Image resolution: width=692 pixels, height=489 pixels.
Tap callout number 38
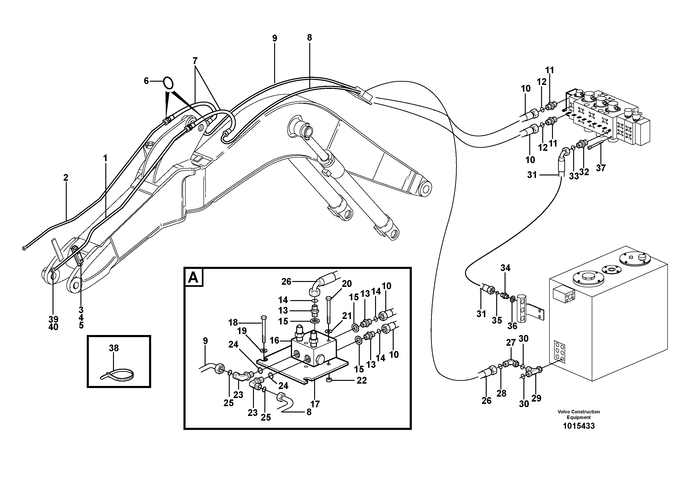[114, 348]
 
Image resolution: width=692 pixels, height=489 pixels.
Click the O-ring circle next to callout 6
[168, 83]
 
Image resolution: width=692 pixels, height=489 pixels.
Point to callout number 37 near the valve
[600, 168]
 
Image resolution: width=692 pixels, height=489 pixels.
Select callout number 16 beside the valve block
[274, 340]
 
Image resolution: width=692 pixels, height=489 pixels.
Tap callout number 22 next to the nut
[361, 380]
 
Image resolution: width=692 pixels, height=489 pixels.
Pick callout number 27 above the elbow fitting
[511, 342]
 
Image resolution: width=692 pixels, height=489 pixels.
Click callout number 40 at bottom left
[53, 327]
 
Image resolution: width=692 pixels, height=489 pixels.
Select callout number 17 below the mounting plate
[315, 404]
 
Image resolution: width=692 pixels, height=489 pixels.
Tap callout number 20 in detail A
[347, 284]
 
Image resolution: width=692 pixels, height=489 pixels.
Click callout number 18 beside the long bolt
[233, 323]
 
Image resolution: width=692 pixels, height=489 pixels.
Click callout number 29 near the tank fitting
[536, 398]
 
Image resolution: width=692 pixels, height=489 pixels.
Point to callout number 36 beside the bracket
[512, 326]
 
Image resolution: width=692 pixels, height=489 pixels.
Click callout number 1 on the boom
[105, 158]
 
